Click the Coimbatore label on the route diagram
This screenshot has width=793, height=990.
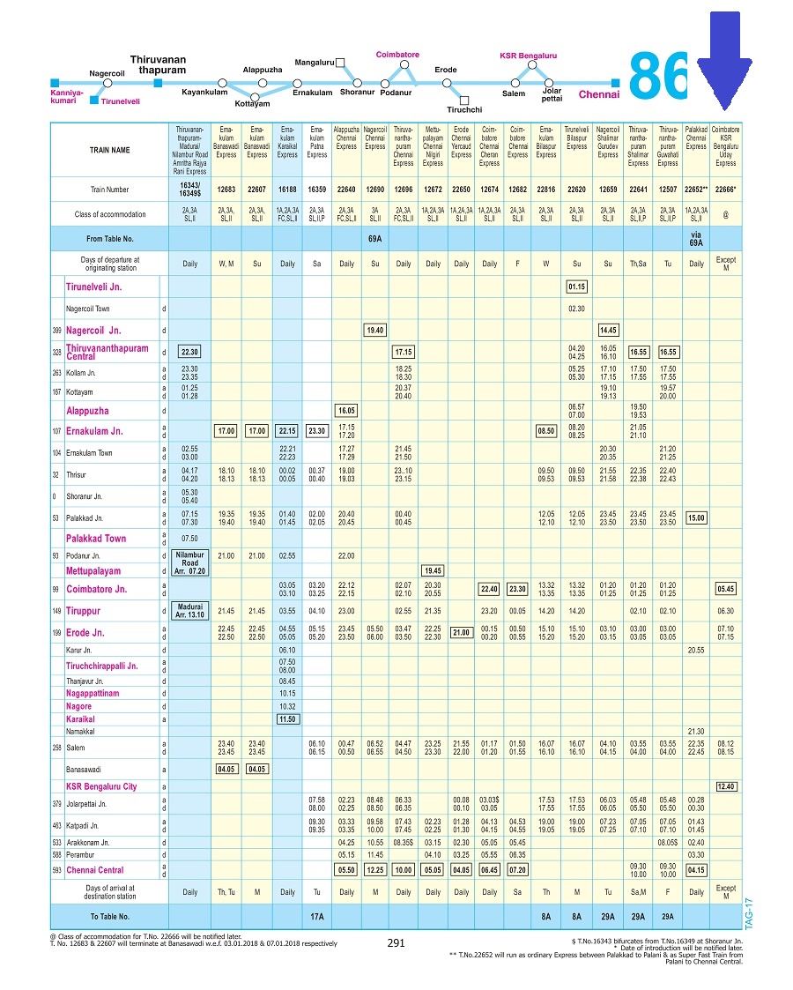pyautogui.click(x=397, y=55)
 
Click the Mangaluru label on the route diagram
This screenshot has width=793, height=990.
pyautogui.click(x=314, y=63)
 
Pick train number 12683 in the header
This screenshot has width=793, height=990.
pyautogui.click(x=226, y=189)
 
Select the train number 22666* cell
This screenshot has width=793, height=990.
pyautogui.click(x=725, y=189)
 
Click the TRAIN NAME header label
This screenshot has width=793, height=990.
pyautogui.click(x=109, y=150)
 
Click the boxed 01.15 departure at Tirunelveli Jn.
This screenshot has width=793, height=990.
pyautogui.click(x=576, y=287)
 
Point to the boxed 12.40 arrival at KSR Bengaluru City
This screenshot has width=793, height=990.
pyautogui.click(x=726, y=786)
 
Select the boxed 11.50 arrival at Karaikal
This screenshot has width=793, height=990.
pyautogui.click(x=287, y=719)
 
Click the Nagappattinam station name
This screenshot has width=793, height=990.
pyautogui.click(x=95, y=694)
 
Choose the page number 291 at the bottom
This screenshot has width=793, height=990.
pyautogui.click(x=396, y=943)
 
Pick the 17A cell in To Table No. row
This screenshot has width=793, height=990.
pyautogui.click(x=316, y=917)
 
